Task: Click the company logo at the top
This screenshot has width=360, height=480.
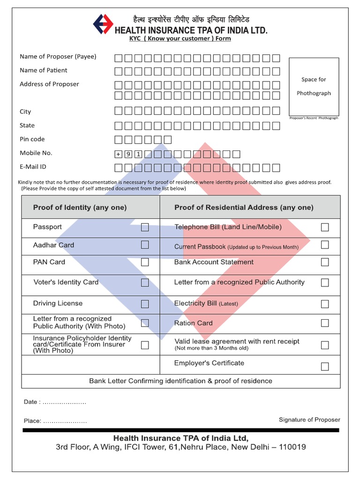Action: pyautogui.click(x=103, y=24)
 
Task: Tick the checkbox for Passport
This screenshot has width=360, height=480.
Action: pyautogui.click(x=145, y=227)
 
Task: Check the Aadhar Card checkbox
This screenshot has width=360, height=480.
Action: pyautogui.click(x=145, y=245)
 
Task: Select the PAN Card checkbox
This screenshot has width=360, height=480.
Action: pyautogui.click(x=145, y=262)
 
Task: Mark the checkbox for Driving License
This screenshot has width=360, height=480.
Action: pyautogui.click(x=145, y=304)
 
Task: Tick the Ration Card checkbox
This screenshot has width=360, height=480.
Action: pyautogui.click(x=325, y=323)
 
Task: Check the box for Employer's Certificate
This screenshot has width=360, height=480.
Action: pyautogui.click(x=325, y=366)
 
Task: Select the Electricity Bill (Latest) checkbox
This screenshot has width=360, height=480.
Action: pyautogui.click(x=325, y=304)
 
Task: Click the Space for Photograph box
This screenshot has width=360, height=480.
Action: pyautogui.click(x=314, y=86)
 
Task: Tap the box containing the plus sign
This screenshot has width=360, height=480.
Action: pyautogui.click(x=118, y=154)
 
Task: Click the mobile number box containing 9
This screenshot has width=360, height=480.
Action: pyautogui.click(x=128, y=154)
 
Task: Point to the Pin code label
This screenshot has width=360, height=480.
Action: pyautogui.click(x=32, y=139)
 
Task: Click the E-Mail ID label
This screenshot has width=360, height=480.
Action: pyautogui.click(x=33, y=167)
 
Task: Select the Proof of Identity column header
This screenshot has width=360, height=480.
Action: pyautogui.click(x=80, y=207)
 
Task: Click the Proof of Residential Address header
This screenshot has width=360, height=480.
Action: pyautogui.click(x=244, y=207)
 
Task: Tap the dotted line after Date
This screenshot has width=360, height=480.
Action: pyautogui.click(x=64, y=403)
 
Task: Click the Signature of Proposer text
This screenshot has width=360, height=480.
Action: pyautogui.click(x=309, y=420)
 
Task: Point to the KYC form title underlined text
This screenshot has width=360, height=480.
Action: pyautogui.click(x=180, y=38)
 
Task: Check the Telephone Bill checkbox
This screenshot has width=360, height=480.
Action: pyautogui.click(x=325, y=227)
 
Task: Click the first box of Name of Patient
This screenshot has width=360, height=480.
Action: pyautogui.click(x=118, y=72)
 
